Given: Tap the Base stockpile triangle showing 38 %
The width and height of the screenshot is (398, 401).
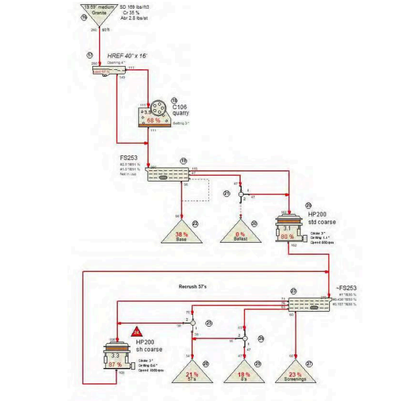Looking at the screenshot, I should tap(181, 232).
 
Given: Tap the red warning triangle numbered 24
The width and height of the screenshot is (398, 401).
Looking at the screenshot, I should tap(137, 331).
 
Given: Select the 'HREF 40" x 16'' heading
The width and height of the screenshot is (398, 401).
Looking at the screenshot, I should tap(129, 56).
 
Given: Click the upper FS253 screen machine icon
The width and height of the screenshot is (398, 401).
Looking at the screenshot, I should tap(164, 173).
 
